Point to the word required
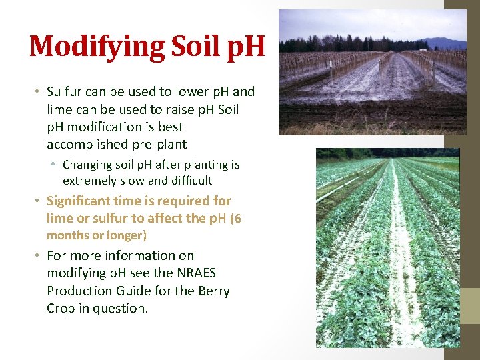click(x=184, y=201)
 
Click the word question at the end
click(x=122, y=308)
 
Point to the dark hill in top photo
click(x=447, y=43)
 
